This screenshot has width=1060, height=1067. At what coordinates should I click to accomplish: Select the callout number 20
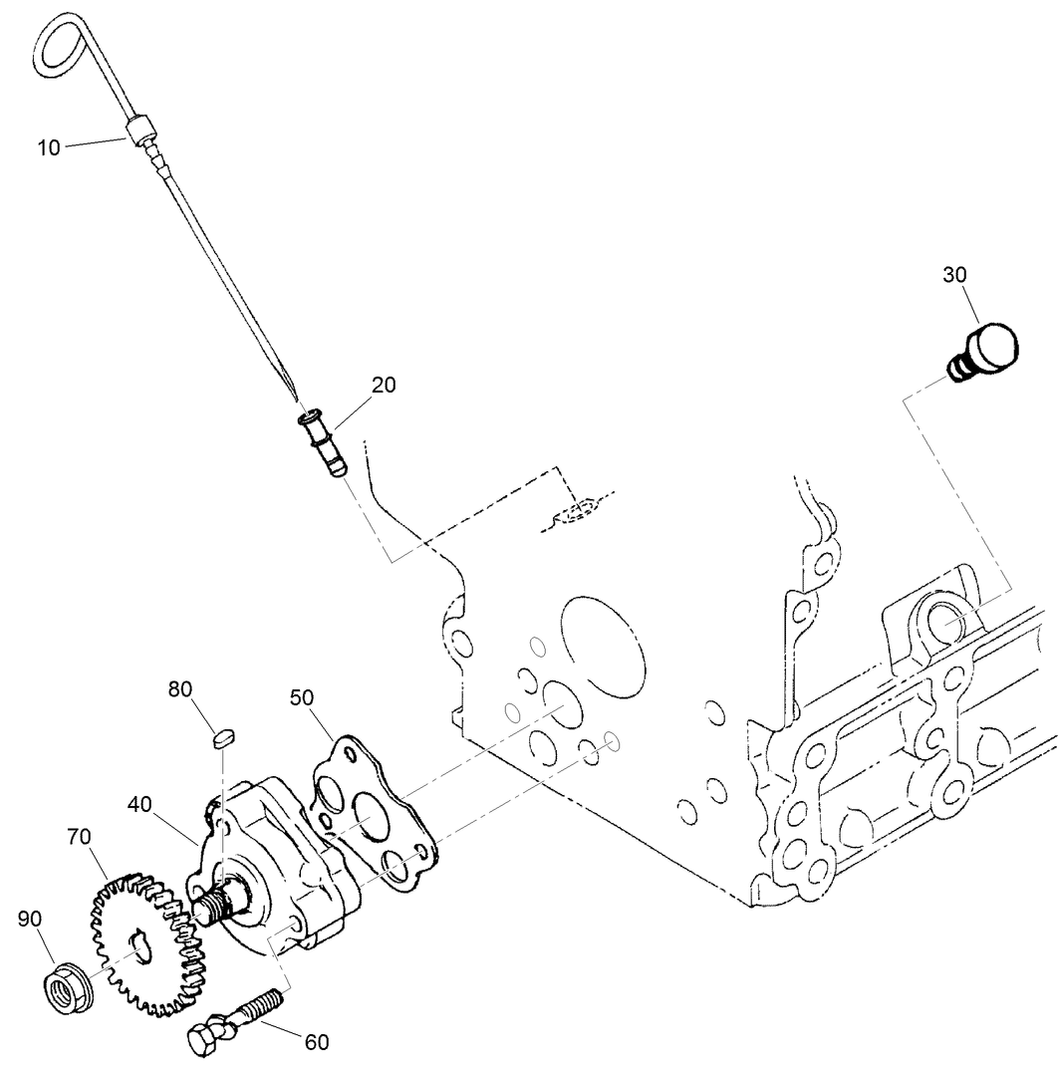coord(384,386)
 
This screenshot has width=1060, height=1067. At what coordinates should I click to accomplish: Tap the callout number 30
coord(954,275)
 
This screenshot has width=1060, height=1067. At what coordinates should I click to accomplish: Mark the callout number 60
coord(316,1042)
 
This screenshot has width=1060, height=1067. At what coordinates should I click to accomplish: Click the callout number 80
coord(180,688)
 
